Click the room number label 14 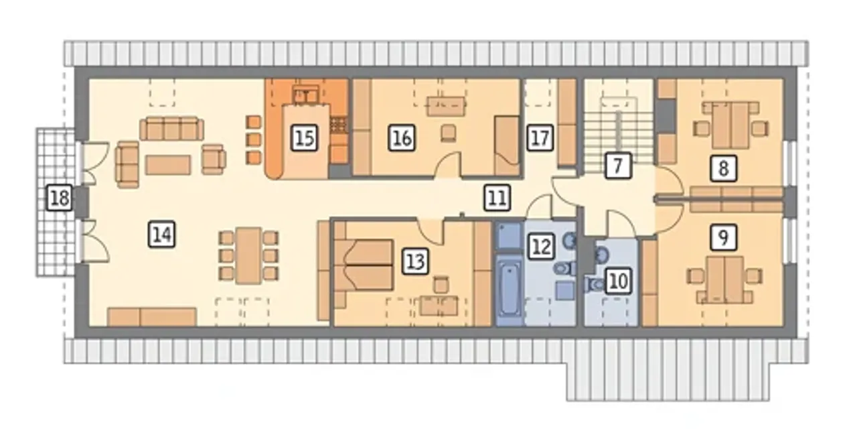pyautogui.click(x=162, y=234)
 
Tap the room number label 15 pyautogui.click(x=305, y=137)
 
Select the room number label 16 pyautogui.click(x=402, y=137)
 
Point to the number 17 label pyautogui.click(x=540, y=137)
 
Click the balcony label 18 pyautogui.click(x=60, y=198)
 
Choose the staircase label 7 pyautogui.click(x=618, y=166)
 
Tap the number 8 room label pyautogui.click(x=723, y=168)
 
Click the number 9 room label pyautogui.click(x=723, y=237)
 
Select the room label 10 pyautogui.click(x=619, y=282)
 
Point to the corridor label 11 pyautogui.click(x=497, y=198)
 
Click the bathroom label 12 pyautogui.click(x=541, y=247)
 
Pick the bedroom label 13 pyautogui.click(x=416, y=262)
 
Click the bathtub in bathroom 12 pyautogui.click(x=509, y=290)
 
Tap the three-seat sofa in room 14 pyautogui.click(x=172, y=129)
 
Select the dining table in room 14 pyautogui.click(x=248, y=255)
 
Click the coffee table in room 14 pyautogui.click(x=168, y=165)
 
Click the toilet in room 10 pyautogui.click(x=593, y=284)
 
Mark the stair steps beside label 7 pyautogui.click(x=619, y=134)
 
